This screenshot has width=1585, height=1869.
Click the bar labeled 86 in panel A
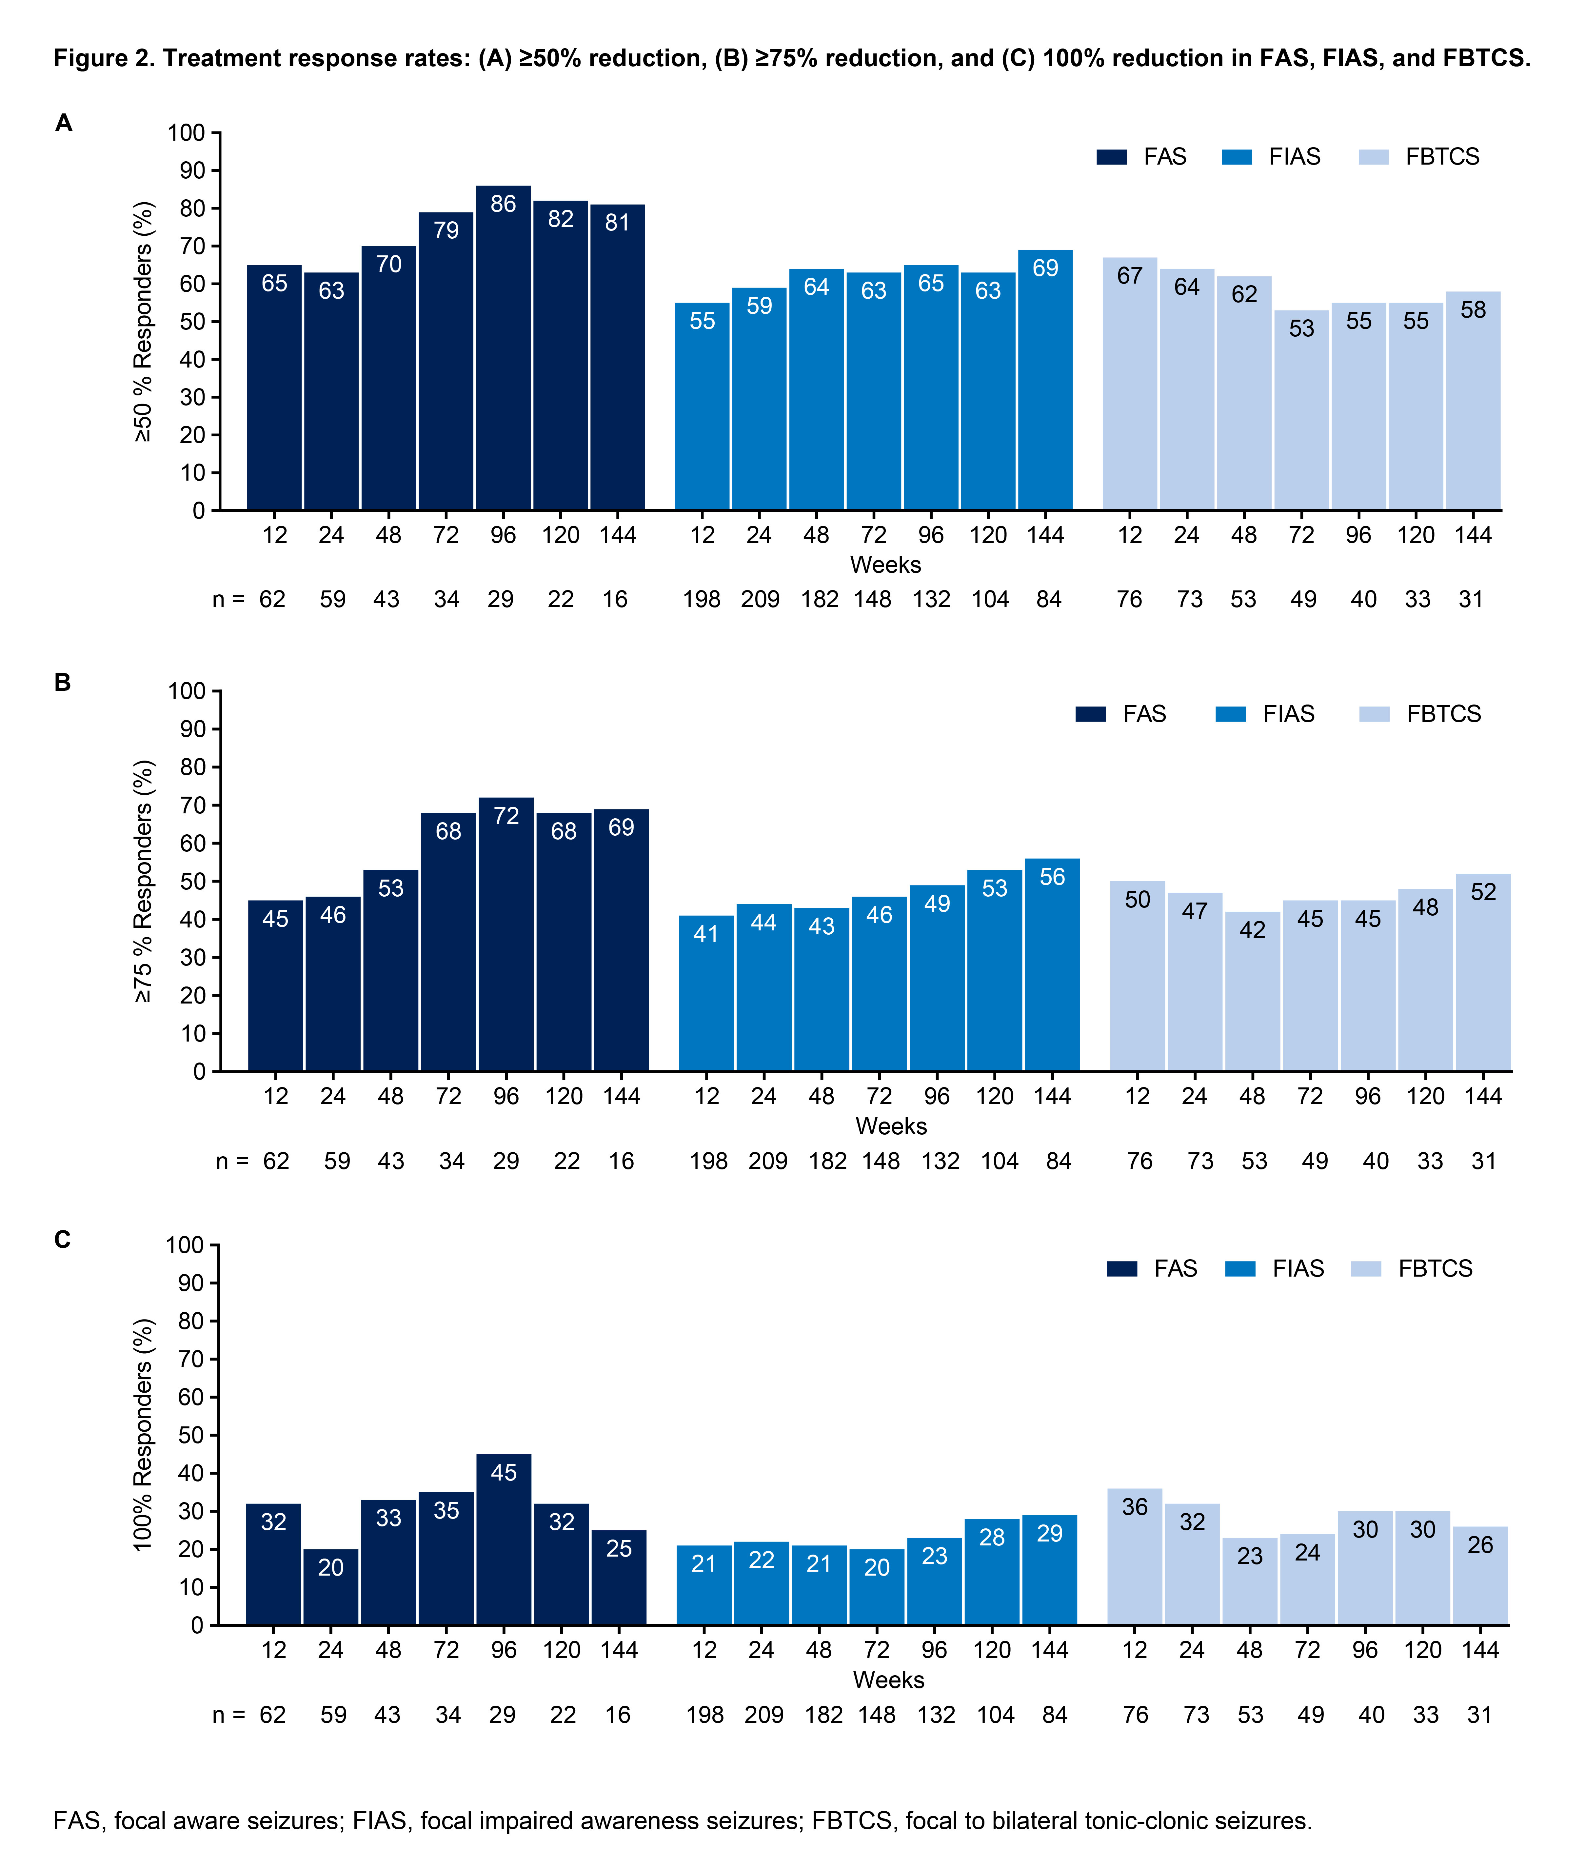[x=503, y=350]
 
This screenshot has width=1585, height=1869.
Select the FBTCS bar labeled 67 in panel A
[x=1129, y=387]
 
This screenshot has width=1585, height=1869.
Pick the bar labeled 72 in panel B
[x=506, y=934]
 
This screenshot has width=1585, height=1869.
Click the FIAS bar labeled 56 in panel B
[x=1052, y=966]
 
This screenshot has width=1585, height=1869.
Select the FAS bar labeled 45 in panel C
[x=503, y=1541]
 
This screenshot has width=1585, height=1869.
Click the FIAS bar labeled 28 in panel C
[x=992, y=1573]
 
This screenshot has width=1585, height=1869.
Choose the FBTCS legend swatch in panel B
[x=1374, y=714]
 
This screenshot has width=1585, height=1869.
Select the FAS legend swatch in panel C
[x=1122, y=1269]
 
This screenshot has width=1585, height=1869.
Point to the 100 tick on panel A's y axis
[x=186, y=133]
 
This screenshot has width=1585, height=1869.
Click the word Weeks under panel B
[x=890, y=1126]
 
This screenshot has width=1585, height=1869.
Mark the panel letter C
[x=62, y=1240]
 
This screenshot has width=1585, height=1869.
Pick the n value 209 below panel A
[x=760, y=599]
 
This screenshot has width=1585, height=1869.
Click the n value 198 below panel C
[x=704, y=1715]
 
